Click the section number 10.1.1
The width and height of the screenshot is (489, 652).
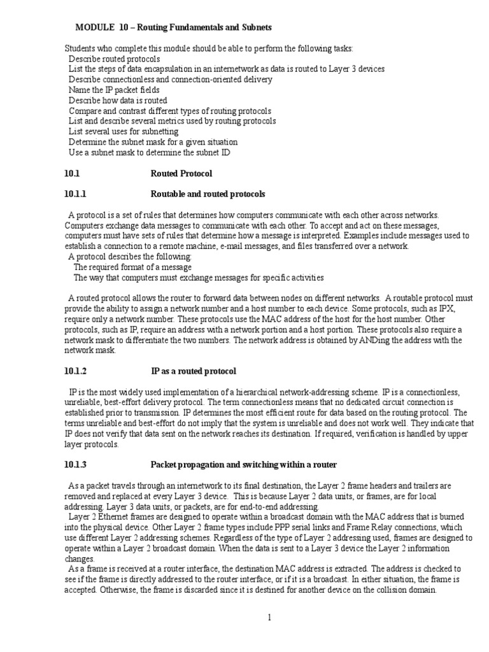pyautogui.click(x=75, y=194)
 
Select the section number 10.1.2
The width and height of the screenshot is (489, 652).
pyautogui.click(x=75, y=371)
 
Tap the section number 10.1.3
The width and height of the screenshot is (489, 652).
pyautogui.click(x=75, y=464)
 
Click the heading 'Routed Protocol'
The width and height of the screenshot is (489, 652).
pyautogui.click(x=181, y=173)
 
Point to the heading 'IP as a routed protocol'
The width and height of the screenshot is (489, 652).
pyautogui.click(x=194, y=371)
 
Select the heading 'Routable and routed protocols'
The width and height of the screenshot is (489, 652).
pyautogui.click(x=208, y=194)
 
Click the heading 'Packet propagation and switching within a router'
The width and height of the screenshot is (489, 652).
pyautogui.click(x=243, y=464)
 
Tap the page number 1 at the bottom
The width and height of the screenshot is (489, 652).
pyautogui.click(x=270, y=618)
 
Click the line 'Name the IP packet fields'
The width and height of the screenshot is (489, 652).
pyautogui.click(x=114, y=90)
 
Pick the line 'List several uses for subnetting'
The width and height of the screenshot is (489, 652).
pyautogui.click(x=124, y=131)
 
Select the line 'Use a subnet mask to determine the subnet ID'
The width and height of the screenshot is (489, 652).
pyautogui.click(x=150, y=152)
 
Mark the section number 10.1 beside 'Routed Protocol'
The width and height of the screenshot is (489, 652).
pyautogui.click(x=71, y=173)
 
